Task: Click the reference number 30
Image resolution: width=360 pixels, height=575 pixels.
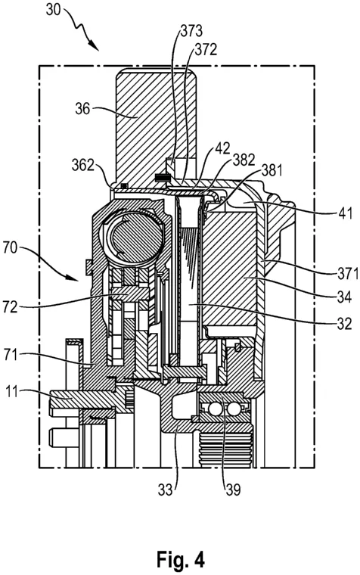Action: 53,10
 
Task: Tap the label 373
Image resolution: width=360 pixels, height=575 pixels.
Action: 192,31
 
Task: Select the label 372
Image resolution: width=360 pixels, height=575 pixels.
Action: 206,50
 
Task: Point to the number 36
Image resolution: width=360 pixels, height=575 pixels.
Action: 82,108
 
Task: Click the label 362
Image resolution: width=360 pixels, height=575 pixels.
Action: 84,165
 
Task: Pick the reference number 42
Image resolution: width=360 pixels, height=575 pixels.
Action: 222,148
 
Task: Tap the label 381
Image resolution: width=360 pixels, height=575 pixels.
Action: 272,170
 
